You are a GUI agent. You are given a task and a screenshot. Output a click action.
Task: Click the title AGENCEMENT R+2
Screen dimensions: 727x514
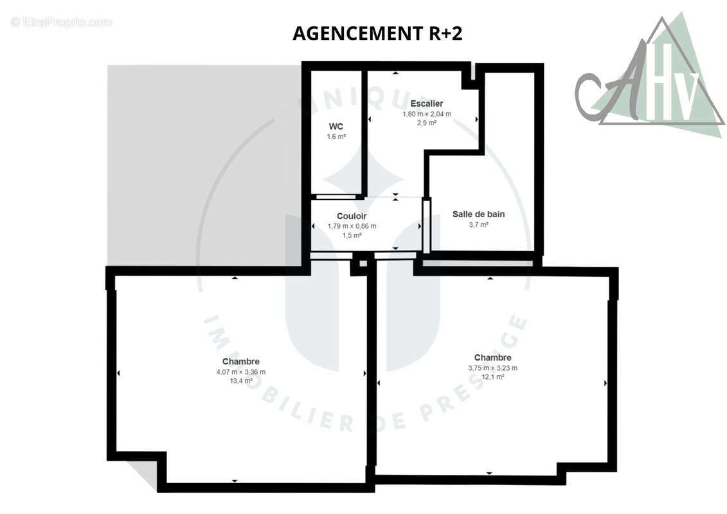point(377,33)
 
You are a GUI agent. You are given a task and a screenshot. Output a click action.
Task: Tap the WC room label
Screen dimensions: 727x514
point(336,127)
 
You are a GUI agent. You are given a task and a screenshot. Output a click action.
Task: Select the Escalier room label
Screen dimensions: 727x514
point(427,104)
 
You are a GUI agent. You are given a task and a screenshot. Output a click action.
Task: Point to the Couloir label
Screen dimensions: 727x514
point(352,216)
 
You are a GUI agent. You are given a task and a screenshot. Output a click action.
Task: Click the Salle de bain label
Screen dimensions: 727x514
point(478,214)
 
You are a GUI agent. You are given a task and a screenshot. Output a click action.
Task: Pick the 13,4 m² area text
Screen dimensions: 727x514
point(241,381)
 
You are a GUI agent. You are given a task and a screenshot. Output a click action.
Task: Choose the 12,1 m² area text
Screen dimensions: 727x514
point(493,377)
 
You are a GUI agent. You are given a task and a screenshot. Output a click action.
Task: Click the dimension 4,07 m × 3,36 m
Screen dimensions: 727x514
point(241,372)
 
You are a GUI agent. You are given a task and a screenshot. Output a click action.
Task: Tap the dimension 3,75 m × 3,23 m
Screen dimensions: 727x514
point(493,368)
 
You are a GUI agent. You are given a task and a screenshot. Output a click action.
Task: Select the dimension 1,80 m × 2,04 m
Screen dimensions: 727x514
point(427,114)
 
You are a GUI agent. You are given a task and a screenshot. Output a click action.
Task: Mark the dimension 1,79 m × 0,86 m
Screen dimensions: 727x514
point(352,226)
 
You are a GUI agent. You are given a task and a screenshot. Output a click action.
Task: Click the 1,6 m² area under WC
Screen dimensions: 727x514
point(336,137)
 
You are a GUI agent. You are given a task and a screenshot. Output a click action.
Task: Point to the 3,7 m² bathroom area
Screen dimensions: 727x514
point(478,225)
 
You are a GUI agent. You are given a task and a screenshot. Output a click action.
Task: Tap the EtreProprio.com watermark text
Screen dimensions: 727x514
point(62,22)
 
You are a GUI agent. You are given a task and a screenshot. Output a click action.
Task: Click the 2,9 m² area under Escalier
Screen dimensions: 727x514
point(427,123)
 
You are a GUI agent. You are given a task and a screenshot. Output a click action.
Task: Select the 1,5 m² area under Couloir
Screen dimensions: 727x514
point(352,235)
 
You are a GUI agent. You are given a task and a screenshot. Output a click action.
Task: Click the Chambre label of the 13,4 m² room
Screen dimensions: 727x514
point(241,362)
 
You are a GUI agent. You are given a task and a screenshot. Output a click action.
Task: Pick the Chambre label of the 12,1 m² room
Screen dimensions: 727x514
point(493,358)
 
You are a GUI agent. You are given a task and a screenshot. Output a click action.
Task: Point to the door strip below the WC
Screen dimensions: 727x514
point(336,197)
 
